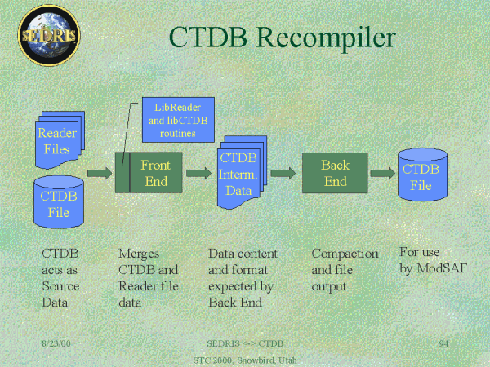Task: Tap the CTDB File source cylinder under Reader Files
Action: [60, 201]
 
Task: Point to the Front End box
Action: [148, 172]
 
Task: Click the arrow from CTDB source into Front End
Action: [99, 173]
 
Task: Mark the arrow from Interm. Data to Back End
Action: [283, 173]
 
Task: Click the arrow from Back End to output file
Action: [381, 173]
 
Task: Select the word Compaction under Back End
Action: [345, 254]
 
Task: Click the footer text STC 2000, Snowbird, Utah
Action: [246, 359]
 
